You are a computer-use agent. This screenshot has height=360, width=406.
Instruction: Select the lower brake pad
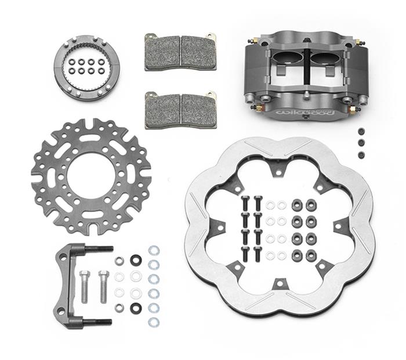180,109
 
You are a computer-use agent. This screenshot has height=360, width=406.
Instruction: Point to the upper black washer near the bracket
136,260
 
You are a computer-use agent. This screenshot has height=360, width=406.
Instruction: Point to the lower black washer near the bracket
136,307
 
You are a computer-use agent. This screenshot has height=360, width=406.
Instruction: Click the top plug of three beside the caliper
361,131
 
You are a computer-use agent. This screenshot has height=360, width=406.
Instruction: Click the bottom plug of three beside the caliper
361,154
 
